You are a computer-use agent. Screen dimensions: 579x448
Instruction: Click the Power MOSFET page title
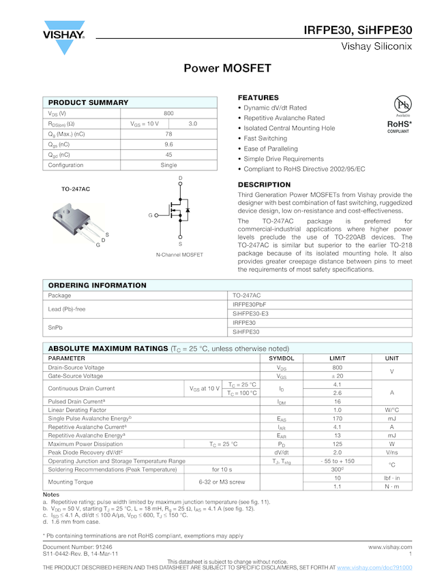227,69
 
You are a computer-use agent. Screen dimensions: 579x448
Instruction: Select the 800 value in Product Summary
168,113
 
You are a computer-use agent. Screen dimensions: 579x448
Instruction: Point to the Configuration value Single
168,165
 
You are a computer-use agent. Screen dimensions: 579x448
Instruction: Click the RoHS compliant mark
400,126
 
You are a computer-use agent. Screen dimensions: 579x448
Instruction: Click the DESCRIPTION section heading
264,185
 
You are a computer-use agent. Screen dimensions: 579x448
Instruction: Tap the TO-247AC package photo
77,219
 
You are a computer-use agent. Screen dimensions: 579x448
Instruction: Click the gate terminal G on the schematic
150,215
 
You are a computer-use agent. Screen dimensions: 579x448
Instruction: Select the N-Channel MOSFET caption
179,255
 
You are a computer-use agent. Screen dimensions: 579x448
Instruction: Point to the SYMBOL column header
281,358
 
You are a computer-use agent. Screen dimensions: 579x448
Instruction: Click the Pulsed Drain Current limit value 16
337,401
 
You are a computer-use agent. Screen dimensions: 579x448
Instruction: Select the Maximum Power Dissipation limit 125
337,443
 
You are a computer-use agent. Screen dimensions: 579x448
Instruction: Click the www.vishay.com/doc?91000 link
374,567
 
